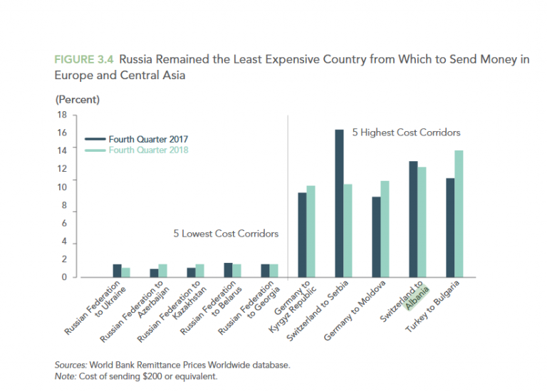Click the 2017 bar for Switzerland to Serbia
[339, 203]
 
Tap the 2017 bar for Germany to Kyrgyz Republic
[302, 234]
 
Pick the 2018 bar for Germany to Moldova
[385, 229]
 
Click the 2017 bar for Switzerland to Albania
[413, 219]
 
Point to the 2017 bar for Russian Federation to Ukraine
[117, 270]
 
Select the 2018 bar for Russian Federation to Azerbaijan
[162, 270]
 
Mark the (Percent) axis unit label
[77, 99]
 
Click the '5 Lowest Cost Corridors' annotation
[226, 233]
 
